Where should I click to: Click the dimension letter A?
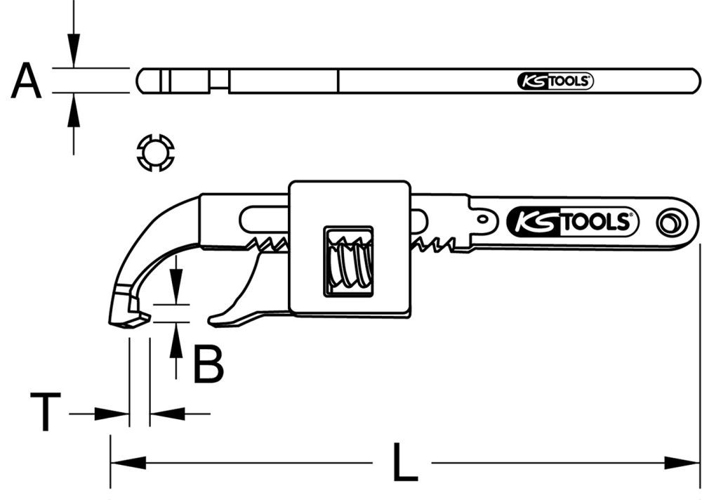pyautogui.click(x=26, y=81)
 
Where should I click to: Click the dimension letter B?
pyautogui.click(x=208, y=364)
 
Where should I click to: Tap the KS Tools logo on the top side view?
pyautogui.click(x=555, y=81)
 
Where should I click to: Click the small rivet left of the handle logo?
pyautogui.click(x=484, y=218)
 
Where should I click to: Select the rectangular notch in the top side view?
pyautogui.click(x=219, y=81)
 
